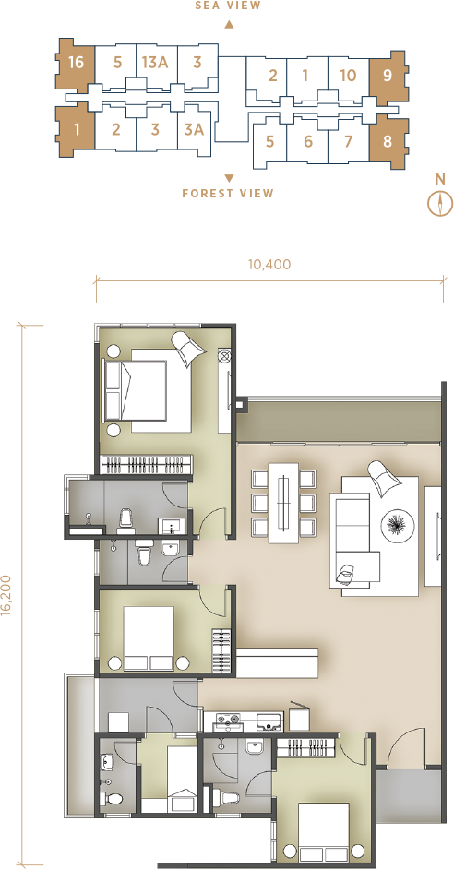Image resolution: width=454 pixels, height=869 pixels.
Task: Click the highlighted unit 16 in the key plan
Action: pos(75,63)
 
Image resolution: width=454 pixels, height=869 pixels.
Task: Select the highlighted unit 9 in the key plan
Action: pos(388,76)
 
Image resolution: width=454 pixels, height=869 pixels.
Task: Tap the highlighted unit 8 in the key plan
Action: pos(388,141)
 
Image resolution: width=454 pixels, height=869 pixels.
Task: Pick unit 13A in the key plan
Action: pos(155,62)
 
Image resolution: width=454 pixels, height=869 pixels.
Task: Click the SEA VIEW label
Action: pos(228,6)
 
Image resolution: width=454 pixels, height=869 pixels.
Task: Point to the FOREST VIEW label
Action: pos(228,194)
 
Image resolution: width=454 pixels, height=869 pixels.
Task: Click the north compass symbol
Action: pos(440,203)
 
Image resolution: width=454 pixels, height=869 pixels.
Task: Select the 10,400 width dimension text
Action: pos(269,265)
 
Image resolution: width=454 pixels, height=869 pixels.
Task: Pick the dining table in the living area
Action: pos(283,503)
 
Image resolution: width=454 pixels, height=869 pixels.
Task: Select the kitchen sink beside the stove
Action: pos(269,721)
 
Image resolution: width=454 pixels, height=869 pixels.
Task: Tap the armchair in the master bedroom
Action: pos(188,348)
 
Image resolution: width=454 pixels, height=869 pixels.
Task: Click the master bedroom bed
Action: pos(147,390)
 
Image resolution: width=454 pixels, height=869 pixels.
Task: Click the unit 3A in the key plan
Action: pos(194,130)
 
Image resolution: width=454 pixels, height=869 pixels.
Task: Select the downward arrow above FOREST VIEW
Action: pos(229,178)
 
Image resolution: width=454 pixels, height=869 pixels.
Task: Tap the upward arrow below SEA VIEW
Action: pos(229,24)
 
